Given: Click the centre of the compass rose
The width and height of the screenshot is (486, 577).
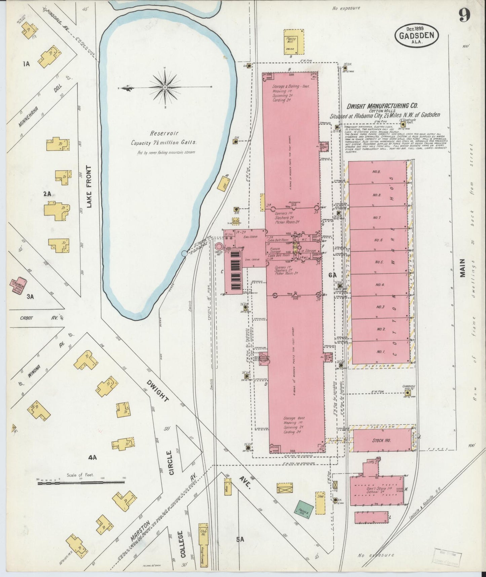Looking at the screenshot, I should coord(165,88).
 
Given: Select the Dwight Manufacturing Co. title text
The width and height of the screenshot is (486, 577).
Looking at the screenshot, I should coord(382,106).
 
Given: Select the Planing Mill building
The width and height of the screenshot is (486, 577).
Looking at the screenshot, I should coord(294,41).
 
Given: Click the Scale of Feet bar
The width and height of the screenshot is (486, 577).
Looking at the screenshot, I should coord(81,483).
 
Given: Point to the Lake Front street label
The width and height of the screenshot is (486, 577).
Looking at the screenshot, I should coord(89,187).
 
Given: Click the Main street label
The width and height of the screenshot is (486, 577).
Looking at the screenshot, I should coord(463,268).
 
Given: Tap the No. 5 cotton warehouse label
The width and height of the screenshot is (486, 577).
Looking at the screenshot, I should coord(379,262).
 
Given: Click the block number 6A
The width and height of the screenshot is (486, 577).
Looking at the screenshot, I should coord(332,275).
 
